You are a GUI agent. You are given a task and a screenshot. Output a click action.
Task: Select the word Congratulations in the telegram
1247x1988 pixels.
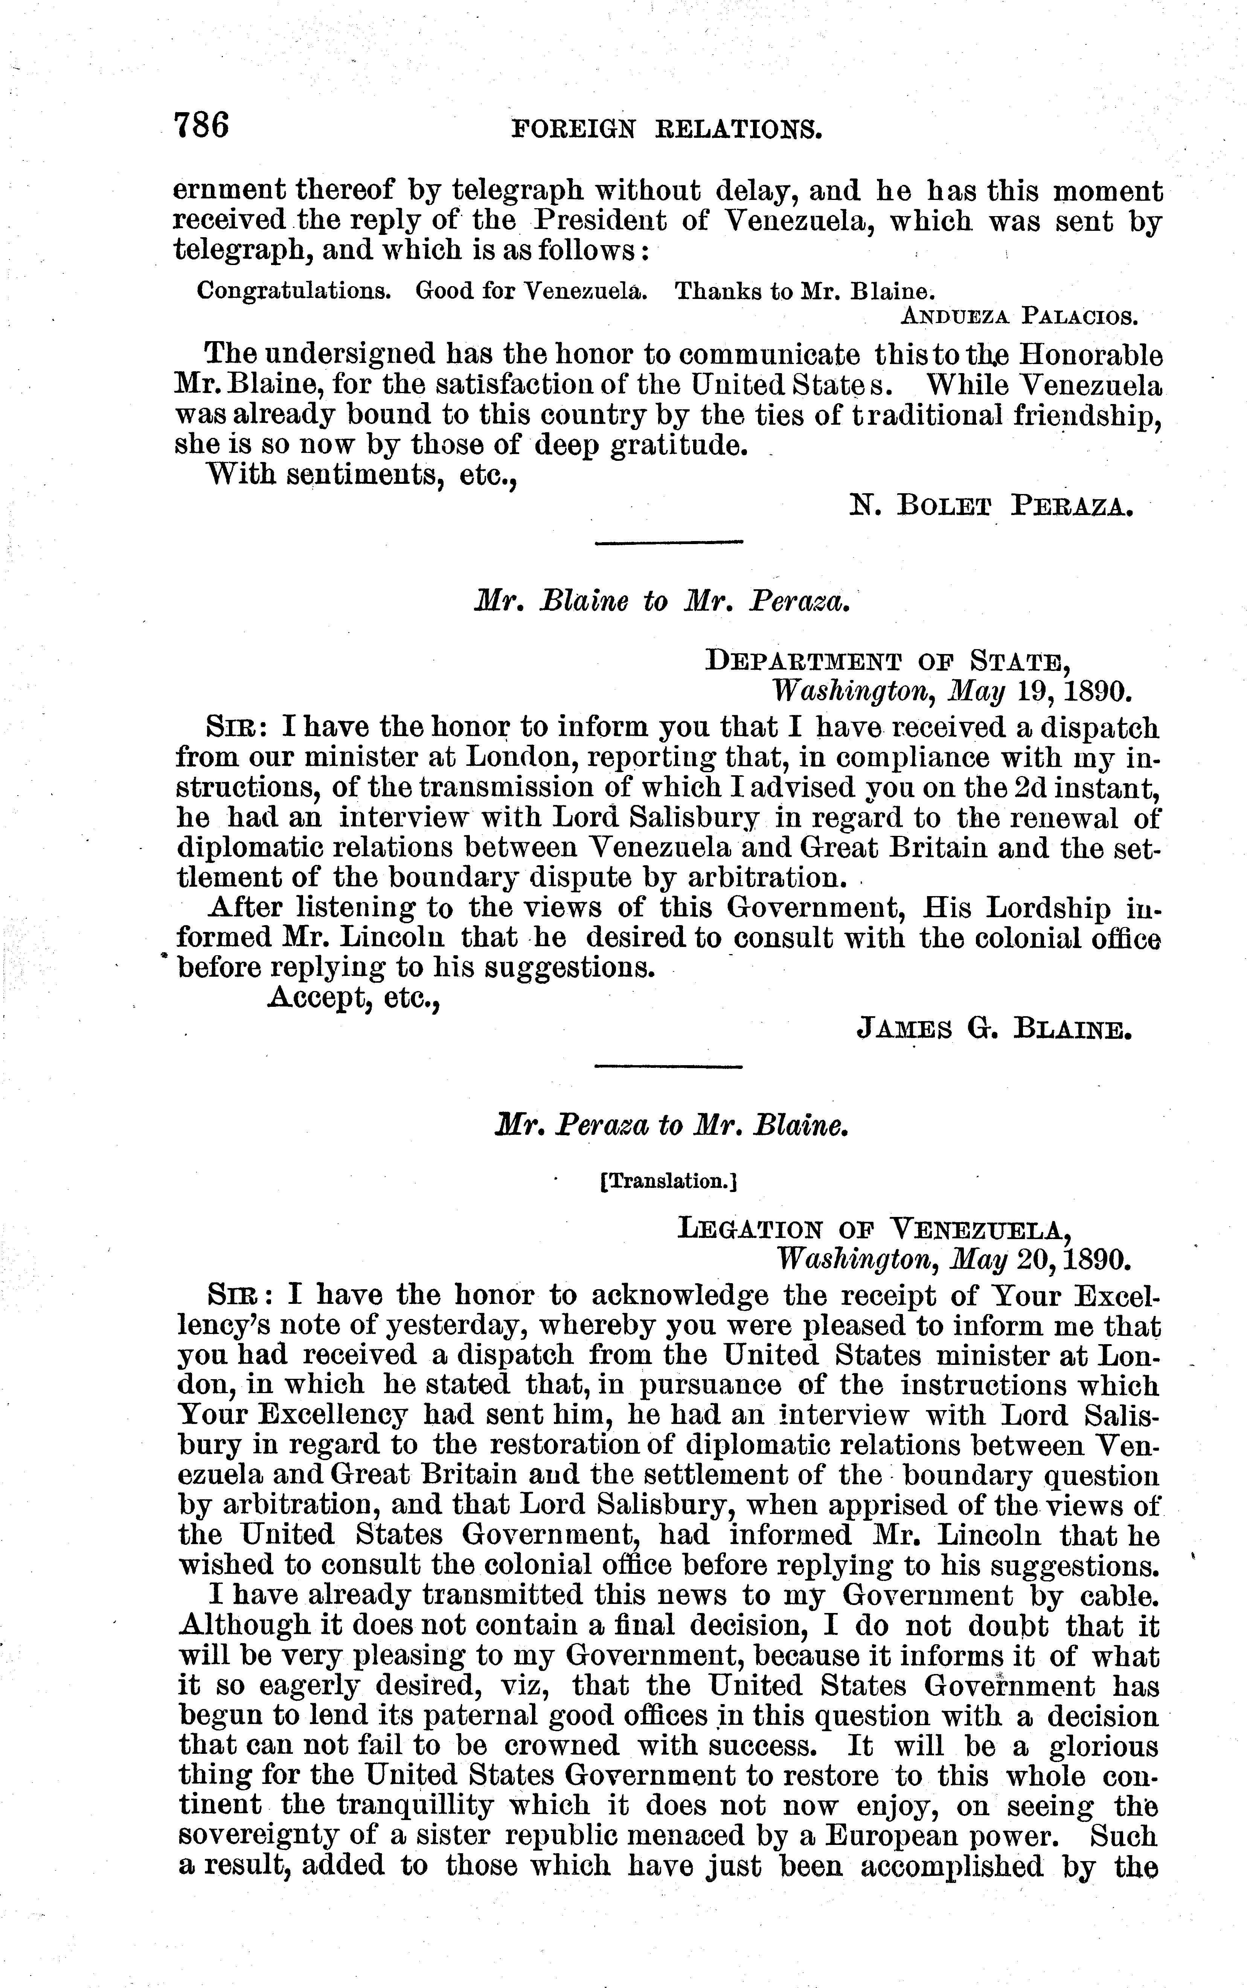tap(294, 291)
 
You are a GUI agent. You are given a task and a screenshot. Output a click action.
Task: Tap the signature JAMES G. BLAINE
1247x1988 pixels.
tap(993, 1028)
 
